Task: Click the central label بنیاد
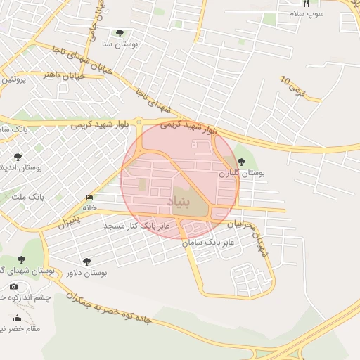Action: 179,202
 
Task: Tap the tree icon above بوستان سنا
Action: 119,33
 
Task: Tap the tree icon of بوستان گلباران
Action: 241,162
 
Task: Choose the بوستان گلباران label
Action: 240,172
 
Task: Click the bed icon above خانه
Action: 89,198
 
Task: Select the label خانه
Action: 89,207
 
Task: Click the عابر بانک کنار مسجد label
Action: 137,226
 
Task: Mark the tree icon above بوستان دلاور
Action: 86,262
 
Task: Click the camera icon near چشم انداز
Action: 13,287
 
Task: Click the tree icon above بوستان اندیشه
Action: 18,157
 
